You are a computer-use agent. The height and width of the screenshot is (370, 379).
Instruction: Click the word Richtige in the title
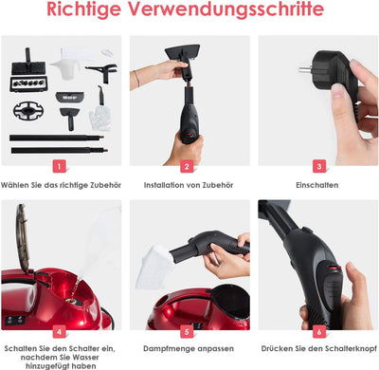pos(84,9)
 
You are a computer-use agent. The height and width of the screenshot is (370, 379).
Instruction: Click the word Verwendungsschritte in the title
pos(226,9)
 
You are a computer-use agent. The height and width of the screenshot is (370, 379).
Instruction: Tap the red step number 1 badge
pos(60,166)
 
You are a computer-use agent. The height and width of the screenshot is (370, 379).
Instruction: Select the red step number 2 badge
pos(187,166)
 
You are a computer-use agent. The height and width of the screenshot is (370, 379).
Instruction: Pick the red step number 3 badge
pos(319,166)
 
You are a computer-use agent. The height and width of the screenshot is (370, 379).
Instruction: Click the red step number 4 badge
pos(60,332)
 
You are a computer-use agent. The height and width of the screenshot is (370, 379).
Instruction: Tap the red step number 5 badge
pos(187,332)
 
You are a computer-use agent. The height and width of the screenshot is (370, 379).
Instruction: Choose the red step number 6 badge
pos(319,332)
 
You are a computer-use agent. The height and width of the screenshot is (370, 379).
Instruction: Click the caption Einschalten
pos(317,185)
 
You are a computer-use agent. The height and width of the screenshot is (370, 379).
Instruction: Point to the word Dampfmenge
pos(170,349)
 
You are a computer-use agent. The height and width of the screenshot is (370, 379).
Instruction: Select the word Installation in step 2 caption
pos(164,185)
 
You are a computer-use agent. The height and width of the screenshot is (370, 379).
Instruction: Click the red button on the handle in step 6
pos(334,268)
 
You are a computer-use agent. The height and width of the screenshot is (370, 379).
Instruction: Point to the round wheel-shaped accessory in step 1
pos(28,110)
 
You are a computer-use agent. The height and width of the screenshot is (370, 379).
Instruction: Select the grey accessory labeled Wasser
pos(69,97)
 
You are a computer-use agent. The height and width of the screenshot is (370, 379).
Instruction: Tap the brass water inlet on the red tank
pos(74,298)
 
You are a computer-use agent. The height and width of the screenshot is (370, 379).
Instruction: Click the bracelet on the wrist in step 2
pos(137,79)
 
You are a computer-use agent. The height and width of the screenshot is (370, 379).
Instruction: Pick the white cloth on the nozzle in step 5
pos(153,267)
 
